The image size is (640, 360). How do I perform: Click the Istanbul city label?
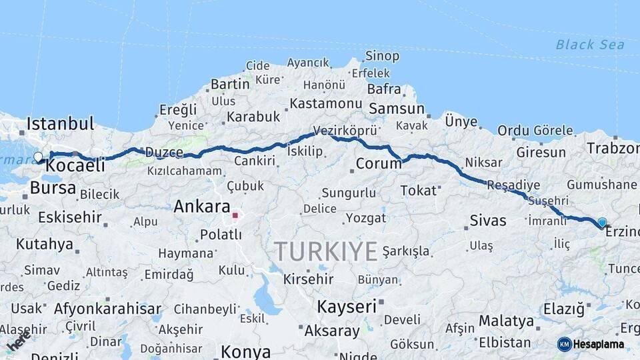click(60, 123)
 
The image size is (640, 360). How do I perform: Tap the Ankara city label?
click(201, 207)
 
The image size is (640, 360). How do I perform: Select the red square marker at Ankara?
click(235, 215)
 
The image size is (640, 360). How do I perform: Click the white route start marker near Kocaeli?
click(38, 157)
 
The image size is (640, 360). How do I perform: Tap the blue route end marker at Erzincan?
click(602, 223)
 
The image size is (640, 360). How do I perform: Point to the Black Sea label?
click(590, 45)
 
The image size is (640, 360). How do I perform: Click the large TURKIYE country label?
click(326, 251)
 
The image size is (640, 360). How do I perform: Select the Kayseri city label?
click(347, 307)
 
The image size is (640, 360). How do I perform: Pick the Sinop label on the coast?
click(383, 56)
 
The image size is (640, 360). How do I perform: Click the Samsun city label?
click(397, 108)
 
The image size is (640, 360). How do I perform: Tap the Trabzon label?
click(612, 148)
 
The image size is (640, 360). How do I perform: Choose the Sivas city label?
click(488, 220)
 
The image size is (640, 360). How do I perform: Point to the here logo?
click(19, 341)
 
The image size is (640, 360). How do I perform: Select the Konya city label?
click(245, 351)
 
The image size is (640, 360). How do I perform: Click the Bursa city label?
click(53, 188)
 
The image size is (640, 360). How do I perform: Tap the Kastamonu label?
click(325, 104)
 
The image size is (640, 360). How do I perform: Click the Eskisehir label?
click(69, 217)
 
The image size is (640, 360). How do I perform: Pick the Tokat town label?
click(417, 191)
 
